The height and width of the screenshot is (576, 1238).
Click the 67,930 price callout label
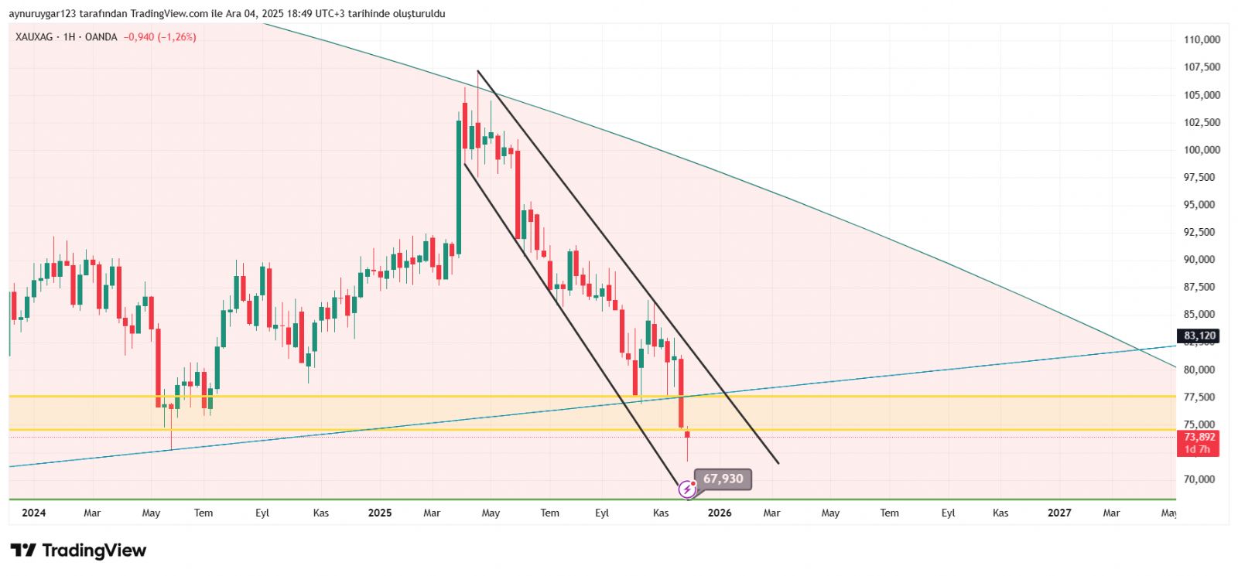(x=723, y=479)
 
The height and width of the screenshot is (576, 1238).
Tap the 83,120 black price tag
(x=1199, y=336)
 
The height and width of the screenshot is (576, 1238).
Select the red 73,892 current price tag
(x=1199, y=437)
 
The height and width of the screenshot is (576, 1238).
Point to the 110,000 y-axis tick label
(x=1202, y=39)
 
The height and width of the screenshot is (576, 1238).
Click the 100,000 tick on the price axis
(x=1202, y=150)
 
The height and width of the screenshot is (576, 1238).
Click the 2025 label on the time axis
(x=380, y=513)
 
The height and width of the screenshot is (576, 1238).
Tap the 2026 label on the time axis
(x=720, y=513)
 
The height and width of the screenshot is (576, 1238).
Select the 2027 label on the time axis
(x=1059, y=513)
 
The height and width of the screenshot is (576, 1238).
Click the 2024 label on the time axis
(x=34, y=513)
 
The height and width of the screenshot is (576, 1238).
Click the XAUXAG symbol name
(x=34, y=37)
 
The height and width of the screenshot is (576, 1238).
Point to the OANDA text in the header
(x=101, y=37)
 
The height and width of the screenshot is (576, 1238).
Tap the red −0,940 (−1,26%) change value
(x=159, y=37)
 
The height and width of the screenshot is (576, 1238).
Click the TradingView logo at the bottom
(x=78, y=550)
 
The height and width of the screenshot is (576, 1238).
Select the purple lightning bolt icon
(x=686, y=489)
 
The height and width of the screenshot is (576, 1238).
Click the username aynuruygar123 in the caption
(x=42, y=14)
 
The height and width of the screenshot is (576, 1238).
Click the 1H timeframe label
(x=70, y=37)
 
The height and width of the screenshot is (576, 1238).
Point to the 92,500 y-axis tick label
(x=1202, y=232)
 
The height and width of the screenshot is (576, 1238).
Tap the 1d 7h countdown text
(x=1197, y=449)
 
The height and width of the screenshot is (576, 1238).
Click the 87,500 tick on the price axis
(x=1202, y=287)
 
